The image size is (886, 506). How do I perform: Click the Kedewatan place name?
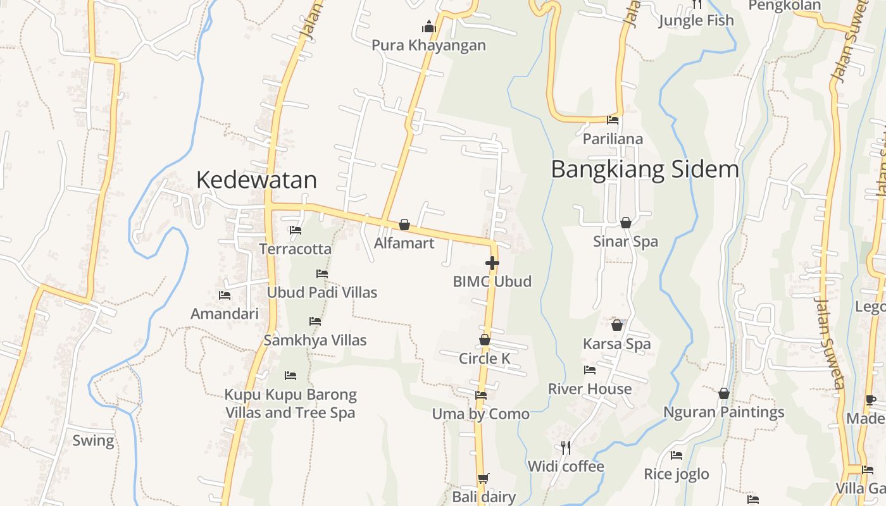256,180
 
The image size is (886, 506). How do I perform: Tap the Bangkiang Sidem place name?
645,170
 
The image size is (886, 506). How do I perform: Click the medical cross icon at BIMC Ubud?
492,263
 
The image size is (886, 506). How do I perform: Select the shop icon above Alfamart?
404,225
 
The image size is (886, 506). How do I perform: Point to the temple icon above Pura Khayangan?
429,27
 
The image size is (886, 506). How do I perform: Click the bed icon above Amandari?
225,295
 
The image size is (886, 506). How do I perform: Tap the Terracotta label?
296,249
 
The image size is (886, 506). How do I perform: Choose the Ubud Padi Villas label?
322,292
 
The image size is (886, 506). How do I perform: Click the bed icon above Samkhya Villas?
315,321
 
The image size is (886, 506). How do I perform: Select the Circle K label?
485,359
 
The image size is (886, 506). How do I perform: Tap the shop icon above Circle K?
485,340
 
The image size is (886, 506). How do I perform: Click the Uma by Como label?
481,414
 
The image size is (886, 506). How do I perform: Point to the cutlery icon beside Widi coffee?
566,448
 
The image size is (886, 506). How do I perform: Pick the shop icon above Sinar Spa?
626,223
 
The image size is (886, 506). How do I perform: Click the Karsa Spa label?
617,344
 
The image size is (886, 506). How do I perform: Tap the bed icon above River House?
590,370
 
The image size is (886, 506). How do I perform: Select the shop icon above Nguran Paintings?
724,393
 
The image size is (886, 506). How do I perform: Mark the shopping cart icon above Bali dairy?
484,478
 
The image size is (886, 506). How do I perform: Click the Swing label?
94,441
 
